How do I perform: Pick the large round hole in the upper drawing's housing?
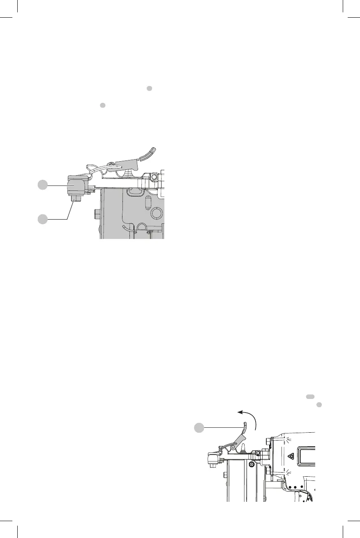coord(156,213)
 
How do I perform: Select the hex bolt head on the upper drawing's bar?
coord(153,177)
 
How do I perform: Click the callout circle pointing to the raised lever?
coord(199,428)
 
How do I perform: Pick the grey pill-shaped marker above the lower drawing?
coord(310,396)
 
